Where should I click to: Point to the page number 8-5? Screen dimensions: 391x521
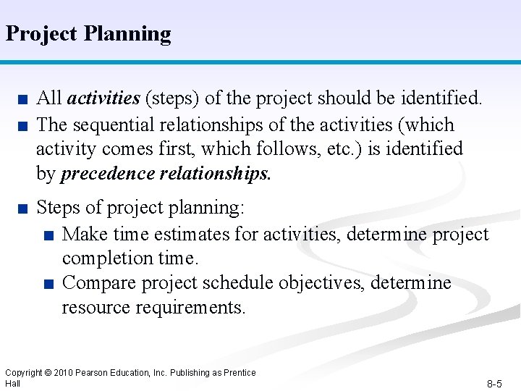coord(494,384)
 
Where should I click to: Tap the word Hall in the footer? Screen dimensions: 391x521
coord(12,383)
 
